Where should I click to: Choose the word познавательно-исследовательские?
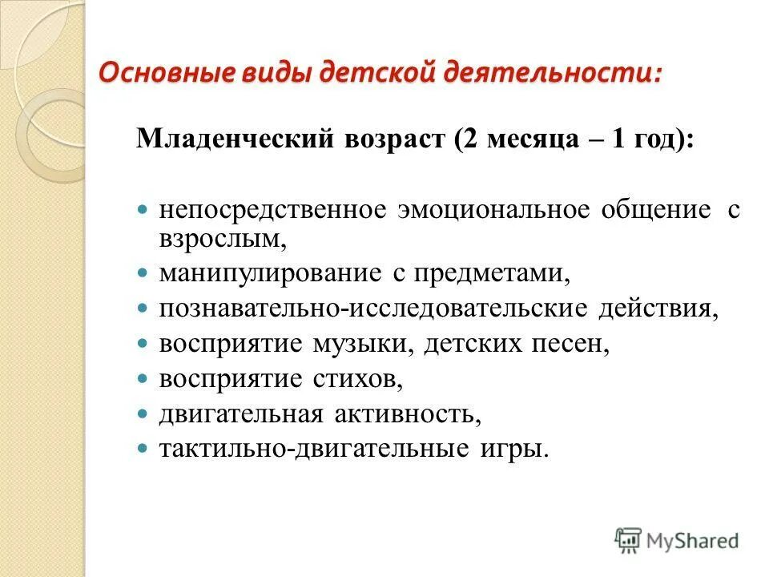tap(372, 309)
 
